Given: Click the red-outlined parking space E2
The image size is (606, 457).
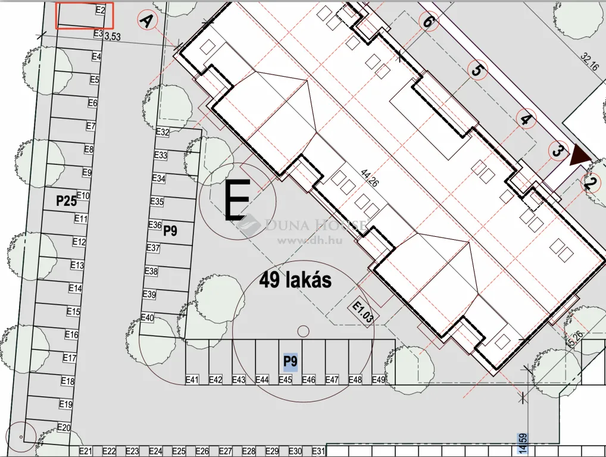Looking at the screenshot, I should (85, 15).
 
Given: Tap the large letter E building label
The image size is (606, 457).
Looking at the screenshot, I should (236, 201).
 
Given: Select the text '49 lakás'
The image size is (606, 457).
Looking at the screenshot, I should (295, 280).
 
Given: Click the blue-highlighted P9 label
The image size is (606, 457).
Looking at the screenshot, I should (290, 361).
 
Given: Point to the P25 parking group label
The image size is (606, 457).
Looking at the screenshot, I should (67, 201).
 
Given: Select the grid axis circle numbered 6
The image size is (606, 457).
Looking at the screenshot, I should (427, 21).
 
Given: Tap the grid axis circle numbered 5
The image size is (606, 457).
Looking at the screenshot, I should (476, 70).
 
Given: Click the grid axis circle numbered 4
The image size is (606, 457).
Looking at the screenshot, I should (526, 119).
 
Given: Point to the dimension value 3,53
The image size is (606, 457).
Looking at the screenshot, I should (112, 37).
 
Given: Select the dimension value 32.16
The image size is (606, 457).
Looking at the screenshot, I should (592, 63).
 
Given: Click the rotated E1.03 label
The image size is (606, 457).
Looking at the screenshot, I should (363, 312).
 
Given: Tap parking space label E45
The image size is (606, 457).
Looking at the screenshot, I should (286, 380).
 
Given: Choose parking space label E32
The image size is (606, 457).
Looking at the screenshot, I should (163, 132).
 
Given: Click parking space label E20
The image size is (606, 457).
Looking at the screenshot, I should (64, 427).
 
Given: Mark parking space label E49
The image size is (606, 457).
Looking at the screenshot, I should (379, 380).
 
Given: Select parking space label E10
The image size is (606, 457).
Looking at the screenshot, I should (83, 196).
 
